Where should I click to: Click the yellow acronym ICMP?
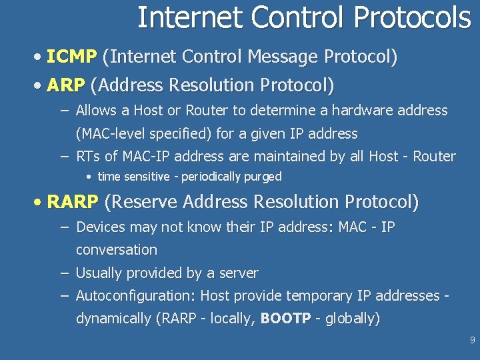pyautogui.click(x=72, y=57)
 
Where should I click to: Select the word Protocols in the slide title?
pyautogui.click(x=413, y=18)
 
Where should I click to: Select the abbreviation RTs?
pyautogui.click(x=87, y=157)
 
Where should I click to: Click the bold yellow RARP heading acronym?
pyautogui.click(x=73, y=202)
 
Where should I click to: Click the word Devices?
pyautogui.click(x=101, y=227)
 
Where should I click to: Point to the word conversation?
pyautogui.click(x=117, y=250)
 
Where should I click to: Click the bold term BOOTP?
pyautogui.click(x=285, y=319)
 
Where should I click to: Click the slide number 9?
pyautogui.click(x=472, y=341)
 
